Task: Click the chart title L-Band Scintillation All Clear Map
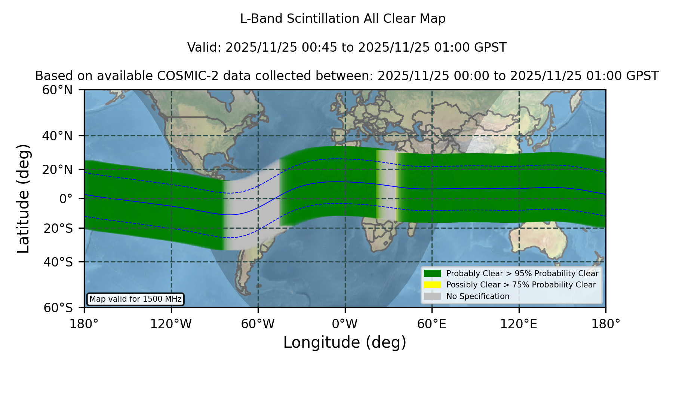pyautogui.click(x=343, y=19)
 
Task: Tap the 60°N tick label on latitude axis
pyautogui.click(x=58, y=90)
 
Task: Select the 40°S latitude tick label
pyautogui.click(x=58, y=262)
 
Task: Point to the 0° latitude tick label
pyautogui.click(x=66, y=199)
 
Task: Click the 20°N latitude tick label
pyautogui.click(x=58, y=170)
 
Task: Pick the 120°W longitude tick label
pyautogui.click(x=171, y=324)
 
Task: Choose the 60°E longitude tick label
pyautogui.click(x=432, y=324)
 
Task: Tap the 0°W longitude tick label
pyautogui.click(x=345, y=324)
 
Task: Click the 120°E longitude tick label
pyautogui.click(x=519, y=324)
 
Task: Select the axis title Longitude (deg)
pyautogui.click(x=345, y=342)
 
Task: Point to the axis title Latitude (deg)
pyautogui.click(x=23, y=198)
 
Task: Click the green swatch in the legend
pyautogui.click(x=433, y=274)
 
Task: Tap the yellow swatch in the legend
pyautogui.click(x=433, y=285)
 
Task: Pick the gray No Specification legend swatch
pyautogui.click(x=433, y=296)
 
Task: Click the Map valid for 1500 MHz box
pyautogui.click(x=135, y=299)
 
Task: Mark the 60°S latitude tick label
pyautogui.click(x=58, y=308)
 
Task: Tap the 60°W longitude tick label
pyautogui.click(x=258, y=324)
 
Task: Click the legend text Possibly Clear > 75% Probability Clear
pyautogui.click(x=521, y=285)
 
